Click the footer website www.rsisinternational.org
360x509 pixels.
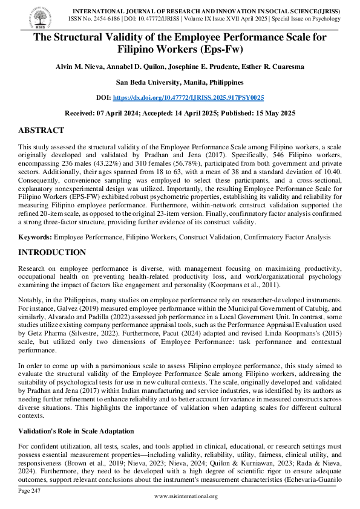tap(186, 496)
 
